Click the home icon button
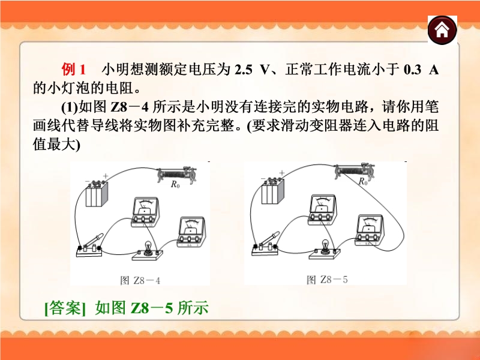(442, 30)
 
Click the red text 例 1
(73, 69)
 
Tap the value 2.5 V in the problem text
(251, 70)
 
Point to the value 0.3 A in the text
(421, 70)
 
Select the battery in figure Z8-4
(97, 192)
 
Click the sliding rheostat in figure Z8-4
(177, 175)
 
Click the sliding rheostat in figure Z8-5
(355, 172)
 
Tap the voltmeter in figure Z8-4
(145, 212)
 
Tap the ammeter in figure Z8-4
(191, 232)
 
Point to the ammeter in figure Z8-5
(369, 230)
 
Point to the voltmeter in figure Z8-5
(322, 209)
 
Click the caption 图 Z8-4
(140, 280)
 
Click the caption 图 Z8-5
(327, 280)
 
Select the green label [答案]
(65, 308)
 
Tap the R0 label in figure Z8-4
(175, 184)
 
